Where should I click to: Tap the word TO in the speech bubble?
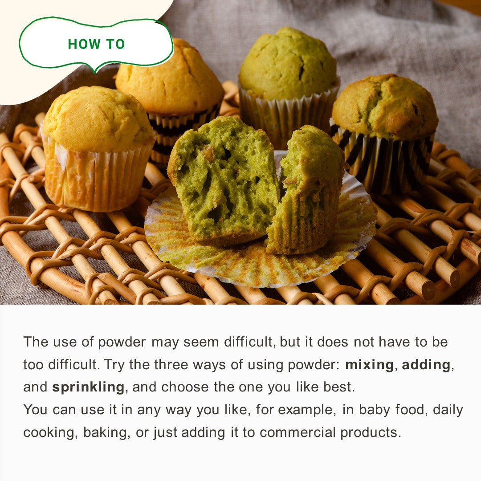pyautogui.click(x=116, y=44)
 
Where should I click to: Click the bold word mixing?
pyautogui.click(x=369, y=365)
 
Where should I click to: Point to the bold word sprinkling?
pyautogui.click(x=88, y=387)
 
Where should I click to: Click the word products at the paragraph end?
pyautogui.click(x=371, y=432)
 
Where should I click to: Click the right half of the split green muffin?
pyautogui.click(x=307, y=190)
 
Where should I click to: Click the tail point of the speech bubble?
pyautogui.click(x=96, y=73)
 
